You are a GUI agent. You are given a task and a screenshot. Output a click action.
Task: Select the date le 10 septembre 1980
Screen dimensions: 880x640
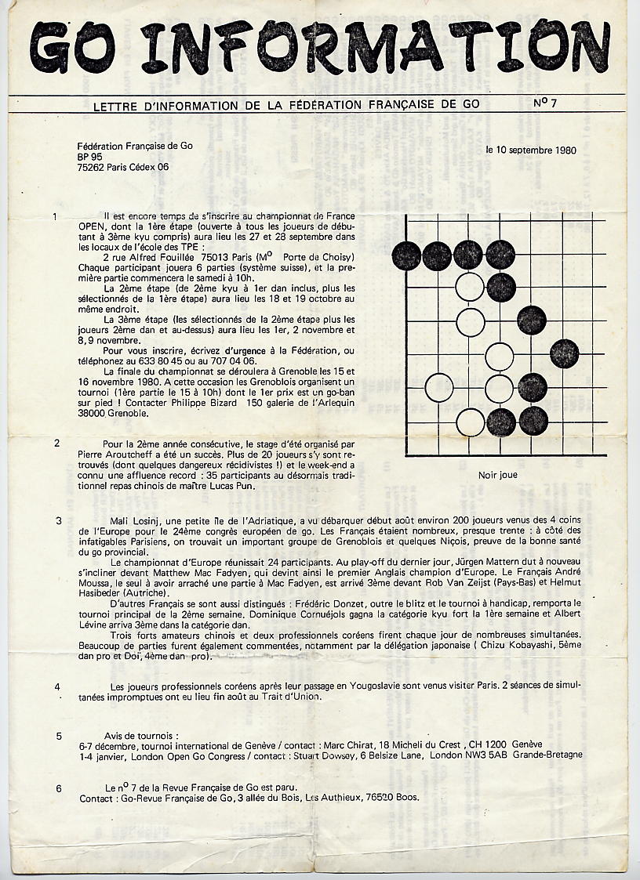[x=531, y=150]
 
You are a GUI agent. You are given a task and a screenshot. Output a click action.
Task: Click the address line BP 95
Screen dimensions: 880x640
[x=90, y=156]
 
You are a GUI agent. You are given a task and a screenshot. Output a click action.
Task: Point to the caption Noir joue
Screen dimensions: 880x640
[x=497, y=475]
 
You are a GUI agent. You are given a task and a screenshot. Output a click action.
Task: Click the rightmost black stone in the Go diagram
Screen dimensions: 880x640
[x=565, y=353]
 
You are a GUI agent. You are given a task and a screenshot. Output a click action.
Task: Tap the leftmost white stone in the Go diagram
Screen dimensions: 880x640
[x=439, y=386]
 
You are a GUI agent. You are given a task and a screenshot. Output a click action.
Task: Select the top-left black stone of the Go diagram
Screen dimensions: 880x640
[x=406, y=254]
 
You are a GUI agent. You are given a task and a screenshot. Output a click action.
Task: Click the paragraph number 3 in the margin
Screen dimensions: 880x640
[x=59, y=520]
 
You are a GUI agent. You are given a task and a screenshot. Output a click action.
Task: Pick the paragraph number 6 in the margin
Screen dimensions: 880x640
[x=59, y=788]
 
